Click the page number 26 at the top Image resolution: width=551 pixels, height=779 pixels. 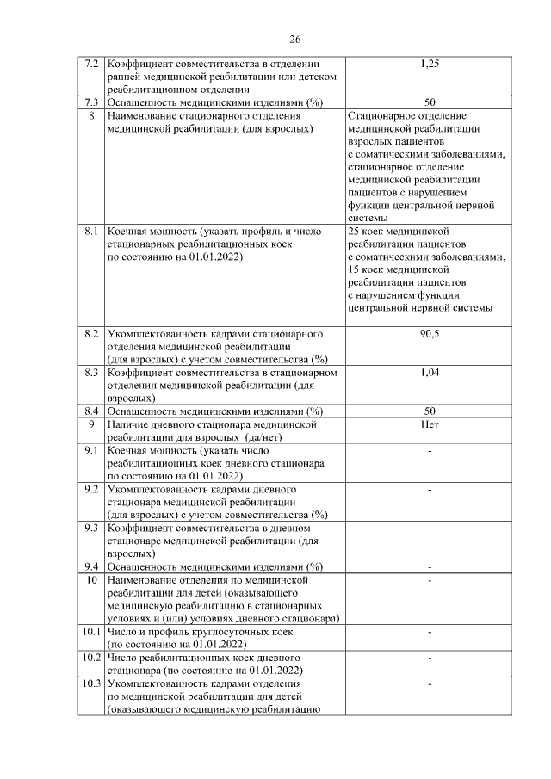tap(294, 40)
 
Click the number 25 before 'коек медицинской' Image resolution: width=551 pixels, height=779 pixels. tap(353, 232)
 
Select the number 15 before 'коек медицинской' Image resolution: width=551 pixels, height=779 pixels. tap(353, 269)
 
